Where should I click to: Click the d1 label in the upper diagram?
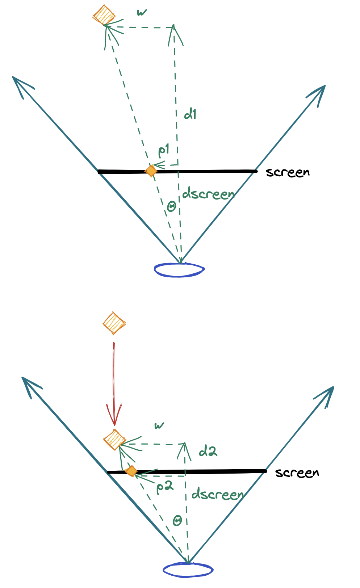coord(190,114)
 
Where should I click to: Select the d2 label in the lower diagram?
coord(208,451)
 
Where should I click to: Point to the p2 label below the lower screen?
coord(165,487)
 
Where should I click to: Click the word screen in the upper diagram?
coord(288,172)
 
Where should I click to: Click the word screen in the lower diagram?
coord(297,473)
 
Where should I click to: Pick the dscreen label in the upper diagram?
coord(208,194)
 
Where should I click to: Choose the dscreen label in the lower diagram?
coord(217,494)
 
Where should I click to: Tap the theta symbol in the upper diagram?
coord(172,206)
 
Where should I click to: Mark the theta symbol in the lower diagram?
coord(177,521)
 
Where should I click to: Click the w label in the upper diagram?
coord(142,13)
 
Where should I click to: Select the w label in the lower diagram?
coord(159,425)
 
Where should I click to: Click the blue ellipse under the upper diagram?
coord(179,270)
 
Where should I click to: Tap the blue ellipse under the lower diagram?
coord(188,570)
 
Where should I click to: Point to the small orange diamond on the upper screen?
coord(151,170)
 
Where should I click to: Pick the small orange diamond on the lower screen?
coord(131,471)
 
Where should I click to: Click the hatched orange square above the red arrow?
coord(114,323)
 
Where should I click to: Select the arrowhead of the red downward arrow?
coord(114,416)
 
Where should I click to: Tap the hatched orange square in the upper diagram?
coord(104,15)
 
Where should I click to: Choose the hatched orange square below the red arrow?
coord(114,440)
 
